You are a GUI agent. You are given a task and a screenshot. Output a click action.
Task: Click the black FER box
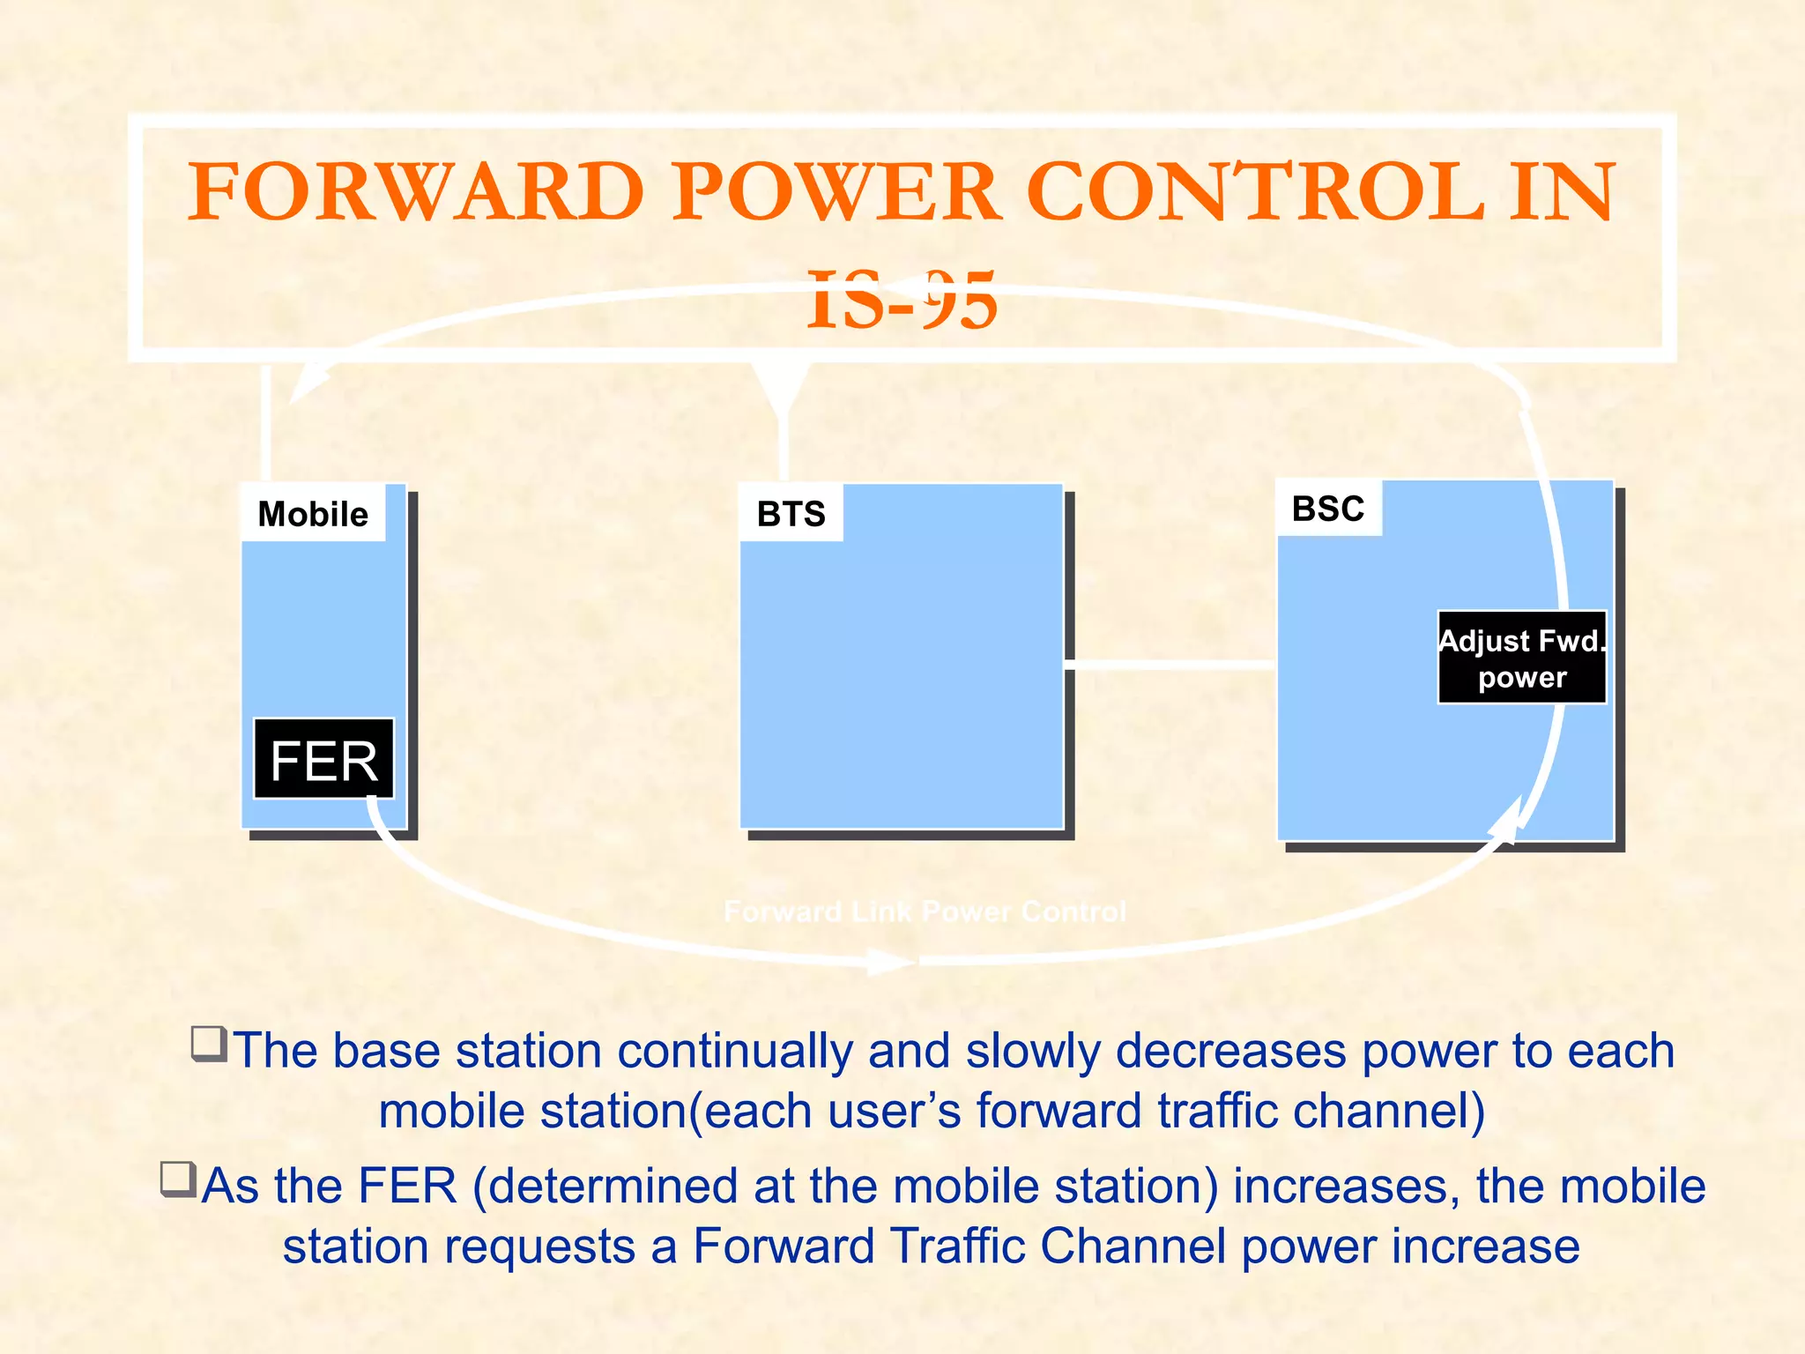click(323, 759)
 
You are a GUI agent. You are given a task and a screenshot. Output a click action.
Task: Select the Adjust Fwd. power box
click(1521, 658)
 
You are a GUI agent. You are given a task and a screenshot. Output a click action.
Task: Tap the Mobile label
click(313, 514)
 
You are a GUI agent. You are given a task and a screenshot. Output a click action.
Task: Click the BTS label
click(791, 514)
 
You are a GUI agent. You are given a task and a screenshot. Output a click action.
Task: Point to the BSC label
click(1328, 509)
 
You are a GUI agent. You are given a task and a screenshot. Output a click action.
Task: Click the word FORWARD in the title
click(415, 192)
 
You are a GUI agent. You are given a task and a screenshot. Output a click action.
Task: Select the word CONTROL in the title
click(1256, 192)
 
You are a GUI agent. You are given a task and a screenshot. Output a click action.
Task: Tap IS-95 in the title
click(902, 300)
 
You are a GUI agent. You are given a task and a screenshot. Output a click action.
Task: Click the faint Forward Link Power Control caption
click(925, 911)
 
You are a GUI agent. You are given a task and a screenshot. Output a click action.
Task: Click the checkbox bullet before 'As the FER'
click(178, 1179)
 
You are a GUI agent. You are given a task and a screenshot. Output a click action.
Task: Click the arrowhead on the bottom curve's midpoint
click(890, 961)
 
